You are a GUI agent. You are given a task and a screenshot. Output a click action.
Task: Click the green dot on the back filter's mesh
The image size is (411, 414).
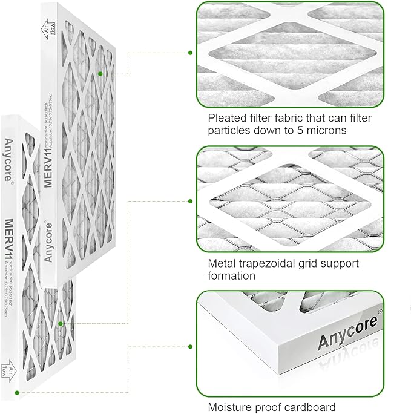tap(100, 73)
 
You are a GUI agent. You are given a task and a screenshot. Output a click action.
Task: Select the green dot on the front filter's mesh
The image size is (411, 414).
tap(61, 324)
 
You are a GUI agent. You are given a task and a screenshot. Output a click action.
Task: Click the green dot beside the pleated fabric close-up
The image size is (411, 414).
tap(190, 53)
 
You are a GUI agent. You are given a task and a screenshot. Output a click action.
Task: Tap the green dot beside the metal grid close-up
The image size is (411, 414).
tap(190, 201)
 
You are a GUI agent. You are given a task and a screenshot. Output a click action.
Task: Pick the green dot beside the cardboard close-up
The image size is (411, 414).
tap(190, 347)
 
